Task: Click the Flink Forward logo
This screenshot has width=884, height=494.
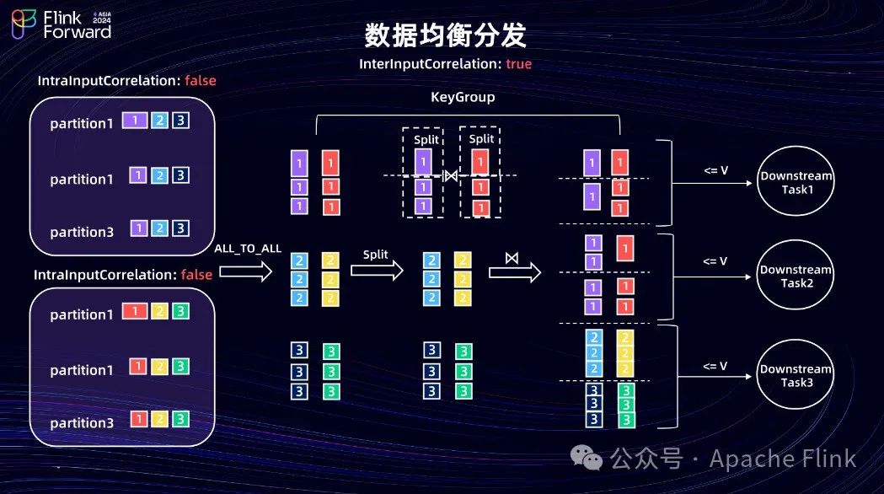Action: (61, 24)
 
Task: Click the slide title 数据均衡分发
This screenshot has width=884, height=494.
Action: (445, 35)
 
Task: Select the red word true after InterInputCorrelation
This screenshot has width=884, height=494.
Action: (519, 64)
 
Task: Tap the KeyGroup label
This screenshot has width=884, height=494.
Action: (463, 97)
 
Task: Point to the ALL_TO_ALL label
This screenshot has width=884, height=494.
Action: (247, 248)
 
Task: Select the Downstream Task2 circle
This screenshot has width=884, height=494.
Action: (796, 277)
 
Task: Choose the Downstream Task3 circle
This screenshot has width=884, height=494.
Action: (796, 375)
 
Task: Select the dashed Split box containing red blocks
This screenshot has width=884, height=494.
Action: (480, 172)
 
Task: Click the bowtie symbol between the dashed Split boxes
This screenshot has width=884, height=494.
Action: (451, 175)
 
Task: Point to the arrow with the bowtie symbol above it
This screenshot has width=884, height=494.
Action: (514, 272)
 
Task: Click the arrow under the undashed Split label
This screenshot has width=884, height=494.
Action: (377, 271)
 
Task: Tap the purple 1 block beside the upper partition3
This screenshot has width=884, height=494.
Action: (138, 228)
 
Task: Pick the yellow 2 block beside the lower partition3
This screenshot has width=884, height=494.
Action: (158, 418)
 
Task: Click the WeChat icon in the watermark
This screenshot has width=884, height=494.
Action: (587, 458)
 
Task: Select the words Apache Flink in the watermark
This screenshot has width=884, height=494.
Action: (783, 459)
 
